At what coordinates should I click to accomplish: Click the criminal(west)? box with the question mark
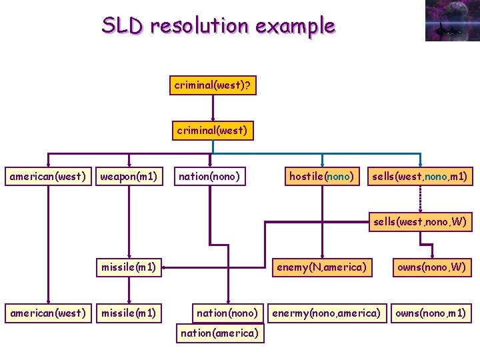point(213,85)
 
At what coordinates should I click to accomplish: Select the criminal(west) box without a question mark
point(213,131)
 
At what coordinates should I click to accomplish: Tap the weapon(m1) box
point(129,176)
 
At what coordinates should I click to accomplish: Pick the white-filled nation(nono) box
point(210,176)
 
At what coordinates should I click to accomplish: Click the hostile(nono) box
point(322,176)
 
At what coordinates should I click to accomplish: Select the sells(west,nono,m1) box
point(420,176)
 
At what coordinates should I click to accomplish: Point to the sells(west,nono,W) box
point(420,221)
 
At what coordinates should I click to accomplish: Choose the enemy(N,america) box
point(322,267)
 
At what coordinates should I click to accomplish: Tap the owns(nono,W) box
point(432,267)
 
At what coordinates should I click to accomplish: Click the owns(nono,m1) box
point(431,313)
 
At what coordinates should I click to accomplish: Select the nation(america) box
point(220,333)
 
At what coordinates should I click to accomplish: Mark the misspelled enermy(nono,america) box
point(327,313)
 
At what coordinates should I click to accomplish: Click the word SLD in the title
point(122,25)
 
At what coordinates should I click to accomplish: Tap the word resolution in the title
point(199,25)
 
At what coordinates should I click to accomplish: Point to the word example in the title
point(295,27)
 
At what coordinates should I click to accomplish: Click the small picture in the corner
point(453,21)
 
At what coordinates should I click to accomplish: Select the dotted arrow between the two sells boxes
point(420,199)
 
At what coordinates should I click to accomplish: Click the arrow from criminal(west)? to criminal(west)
point(213,108)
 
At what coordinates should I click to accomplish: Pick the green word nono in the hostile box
point(338,177)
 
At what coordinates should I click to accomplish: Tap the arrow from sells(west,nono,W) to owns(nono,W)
point(427,244)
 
